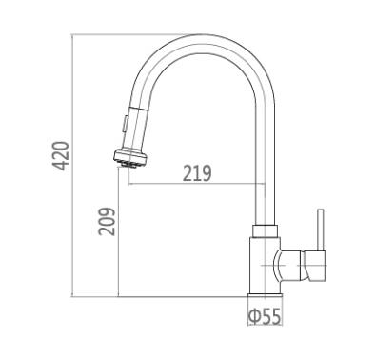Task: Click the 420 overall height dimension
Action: coord(61,156)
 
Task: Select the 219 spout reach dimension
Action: coord(197,173)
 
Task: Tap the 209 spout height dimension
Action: coord(107,221)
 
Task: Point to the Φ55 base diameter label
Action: coord(266,316)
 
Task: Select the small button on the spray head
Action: coord(127,123)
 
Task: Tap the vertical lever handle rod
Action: coord(321,230)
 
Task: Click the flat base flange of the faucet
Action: coord(266,296)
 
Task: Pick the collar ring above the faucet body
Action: coord(265,230)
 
